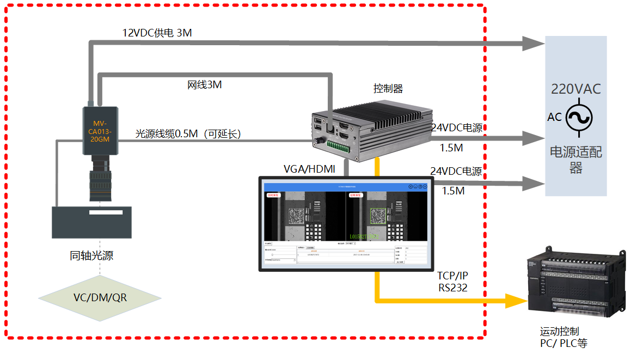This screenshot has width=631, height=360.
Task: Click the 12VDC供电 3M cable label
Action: (157, 33)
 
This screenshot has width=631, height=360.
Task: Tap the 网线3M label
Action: (205, 85)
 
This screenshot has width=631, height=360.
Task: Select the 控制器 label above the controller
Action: (388, 88)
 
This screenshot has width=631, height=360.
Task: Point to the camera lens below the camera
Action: (100, 180)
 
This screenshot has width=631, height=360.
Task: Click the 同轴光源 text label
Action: (91, 255)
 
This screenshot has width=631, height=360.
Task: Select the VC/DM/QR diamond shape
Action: (100, 297)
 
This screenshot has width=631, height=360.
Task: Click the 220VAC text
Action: (576, 89)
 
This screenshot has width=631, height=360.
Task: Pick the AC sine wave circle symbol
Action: (579, 117)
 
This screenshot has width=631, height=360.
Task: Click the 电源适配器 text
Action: (576, 160)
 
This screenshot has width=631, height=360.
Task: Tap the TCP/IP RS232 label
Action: (453, 281)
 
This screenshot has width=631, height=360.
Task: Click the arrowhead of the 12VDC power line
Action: (532, 44)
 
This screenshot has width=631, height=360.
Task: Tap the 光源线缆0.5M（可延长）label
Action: (188, 134)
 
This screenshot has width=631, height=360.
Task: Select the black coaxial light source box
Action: (92, 222)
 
